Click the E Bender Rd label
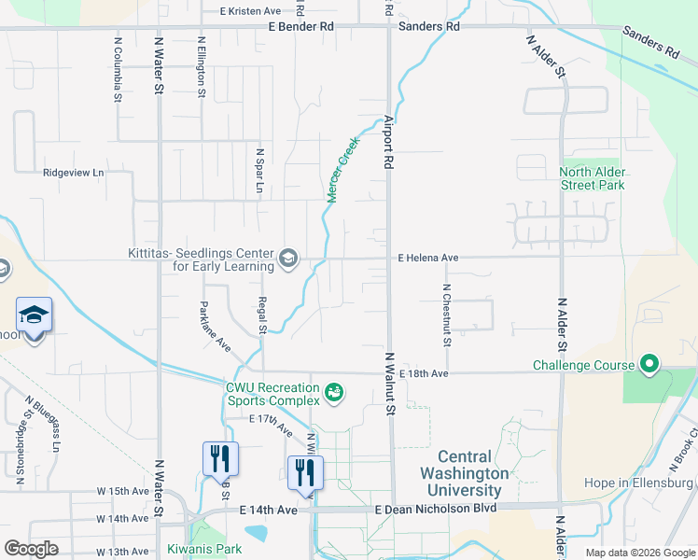300,26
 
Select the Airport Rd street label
388,142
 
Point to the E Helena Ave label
428,257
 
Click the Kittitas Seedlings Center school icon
288,258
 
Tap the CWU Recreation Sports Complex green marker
333,394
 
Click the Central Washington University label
464,473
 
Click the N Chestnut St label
447,315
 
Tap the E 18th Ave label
424,373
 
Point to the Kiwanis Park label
204,549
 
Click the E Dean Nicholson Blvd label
434,510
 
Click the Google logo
31,549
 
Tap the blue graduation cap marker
35,315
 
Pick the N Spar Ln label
260,170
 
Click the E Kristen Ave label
250,11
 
